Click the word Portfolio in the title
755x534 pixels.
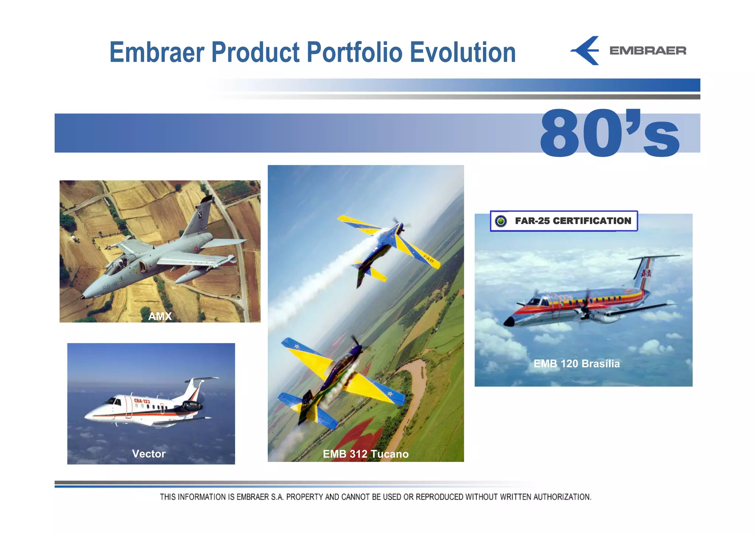point(354,52)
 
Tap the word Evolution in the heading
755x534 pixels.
point(463,52)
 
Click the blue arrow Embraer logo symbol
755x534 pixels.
point(586,51)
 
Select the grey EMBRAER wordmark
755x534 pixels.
point(648,51)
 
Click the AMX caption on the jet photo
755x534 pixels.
point(160,316)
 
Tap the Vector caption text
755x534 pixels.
point(149,454)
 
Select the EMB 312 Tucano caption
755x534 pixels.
point(366,454)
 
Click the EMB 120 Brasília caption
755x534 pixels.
point(577,364)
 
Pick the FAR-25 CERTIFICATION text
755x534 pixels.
point(573,221)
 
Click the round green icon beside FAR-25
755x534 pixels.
point(501,221)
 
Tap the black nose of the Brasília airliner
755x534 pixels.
point(509,322)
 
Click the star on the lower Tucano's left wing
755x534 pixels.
point(296,346)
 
